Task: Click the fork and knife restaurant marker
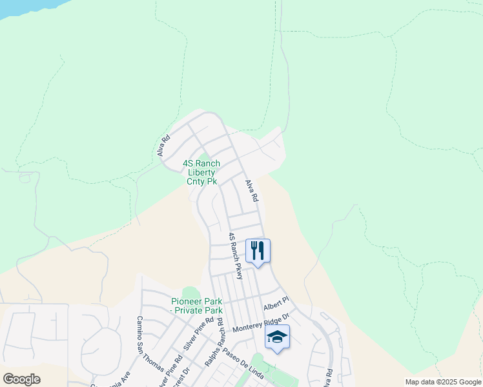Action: pos(258,250)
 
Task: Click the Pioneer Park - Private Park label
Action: pos(196,306)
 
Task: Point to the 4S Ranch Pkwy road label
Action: pos(234,256)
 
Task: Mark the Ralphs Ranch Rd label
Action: pos(214,342)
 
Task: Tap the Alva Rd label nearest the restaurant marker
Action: pos(251,192)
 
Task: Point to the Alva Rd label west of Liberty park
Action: pos(163,146)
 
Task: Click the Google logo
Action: pos(21,379)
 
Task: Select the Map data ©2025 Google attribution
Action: pos(443,382)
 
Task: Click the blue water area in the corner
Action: pos(26,6)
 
